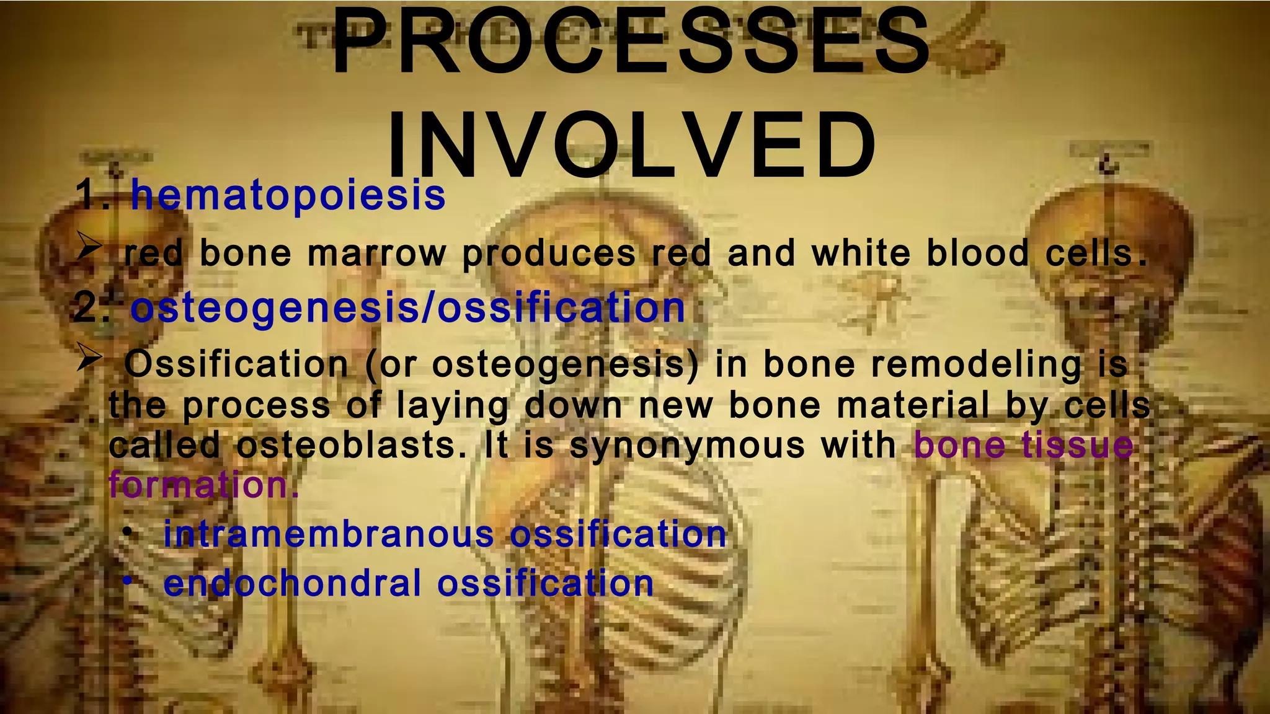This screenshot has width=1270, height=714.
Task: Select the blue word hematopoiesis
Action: [288, 195]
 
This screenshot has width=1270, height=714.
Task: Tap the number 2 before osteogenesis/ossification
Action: [86, 308]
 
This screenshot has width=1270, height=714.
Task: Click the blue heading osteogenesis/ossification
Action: [407, 308]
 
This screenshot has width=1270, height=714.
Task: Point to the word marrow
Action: [376, 254]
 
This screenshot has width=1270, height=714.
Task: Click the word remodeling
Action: [976, 364]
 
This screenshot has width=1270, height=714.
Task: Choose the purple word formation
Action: [203, 485]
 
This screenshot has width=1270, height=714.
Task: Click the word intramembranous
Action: [329, 534]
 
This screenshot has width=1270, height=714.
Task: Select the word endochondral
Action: [292, 584]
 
